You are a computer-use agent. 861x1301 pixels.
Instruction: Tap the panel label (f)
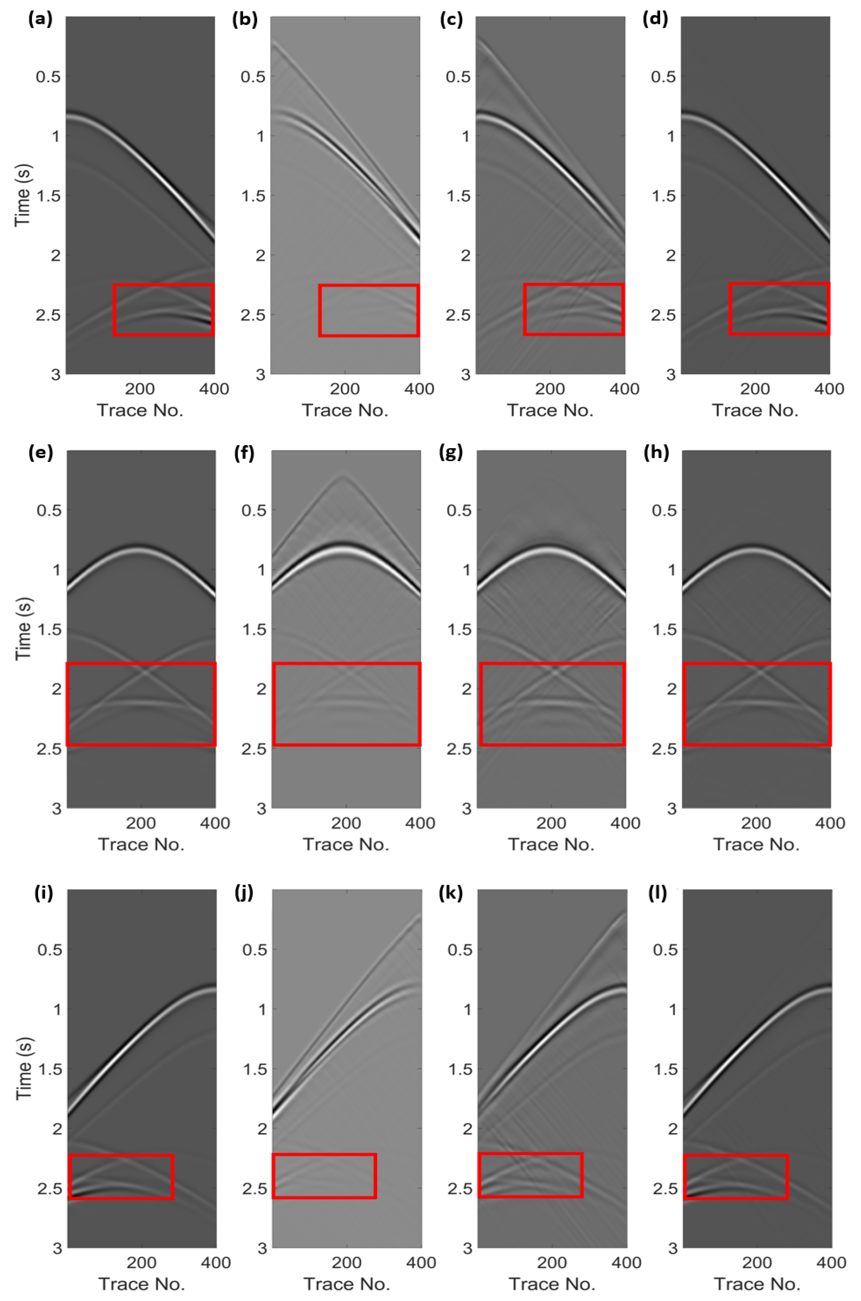point(244,453)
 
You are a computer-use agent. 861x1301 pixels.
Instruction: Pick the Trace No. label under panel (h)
point(756,844)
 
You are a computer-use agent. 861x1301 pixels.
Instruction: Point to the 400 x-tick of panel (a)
point(214,389)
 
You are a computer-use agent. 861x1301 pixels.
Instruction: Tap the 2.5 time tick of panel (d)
point(663,315)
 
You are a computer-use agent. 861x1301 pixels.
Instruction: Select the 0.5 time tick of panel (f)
point(254,510)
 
